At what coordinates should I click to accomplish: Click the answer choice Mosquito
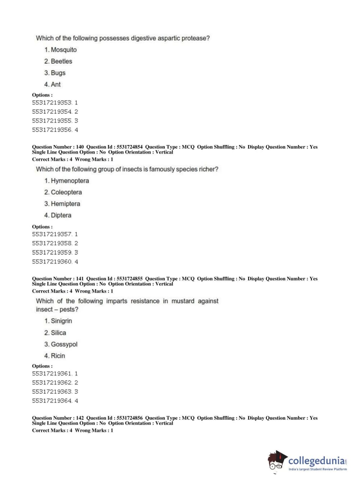(x=60, y=50)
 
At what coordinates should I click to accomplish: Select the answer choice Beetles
(x=58, y=61)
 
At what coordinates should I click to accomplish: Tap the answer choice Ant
(x=53, y=84)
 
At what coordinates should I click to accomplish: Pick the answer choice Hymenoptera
(x=67, y=181)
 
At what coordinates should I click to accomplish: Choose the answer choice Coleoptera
(x=63, y=192)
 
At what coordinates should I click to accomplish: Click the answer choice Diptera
(x=58, y=215)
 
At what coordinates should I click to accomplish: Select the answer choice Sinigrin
(x=58, y=321)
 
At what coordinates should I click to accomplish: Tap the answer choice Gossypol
(x=61, y=344)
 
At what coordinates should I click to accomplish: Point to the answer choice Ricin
(x=55, y=356)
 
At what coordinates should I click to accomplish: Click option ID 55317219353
(x=52, y=103)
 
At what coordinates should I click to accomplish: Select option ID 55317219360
(x=52, y=262)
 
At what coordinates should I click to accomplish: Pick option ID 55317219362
(x=52, y=383)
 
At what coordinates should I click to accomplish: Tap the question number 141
(x=80, y=279)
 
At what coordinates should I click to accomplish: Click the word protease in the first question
(x=195, y=38)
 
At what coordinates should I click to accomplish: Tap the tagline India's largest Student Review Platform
(x=318, y=469)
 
